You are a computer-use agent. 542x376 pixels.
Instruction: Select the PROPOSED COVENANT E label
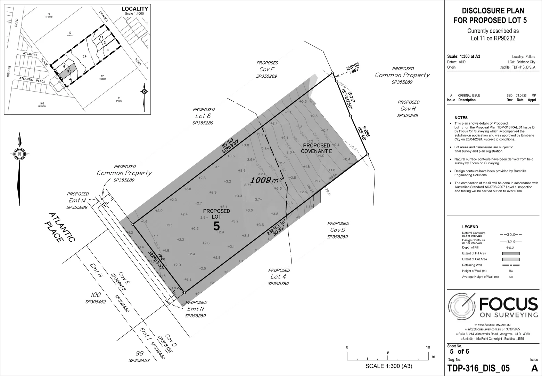coord(316,148)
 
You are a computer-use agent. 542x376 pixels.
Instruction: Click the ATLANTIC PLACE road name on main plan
coord(60,228)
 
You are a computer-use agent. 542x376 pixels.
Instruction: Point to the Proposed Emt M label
coord(77,201)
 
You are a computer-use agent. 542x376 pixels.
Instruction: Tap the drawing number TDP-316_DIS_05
coord(478,368)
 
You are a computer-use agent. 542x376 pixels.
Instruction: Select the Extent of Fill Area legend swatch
coord(511,253)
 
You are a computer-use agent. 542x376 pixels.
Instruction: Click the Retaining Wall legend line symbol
coord(511,265)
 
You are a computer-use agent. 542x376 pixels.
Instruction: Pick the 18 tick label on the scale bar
coord(428,347)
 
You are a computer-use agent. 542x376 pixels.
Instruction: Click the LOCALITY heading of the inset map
coord(134,9)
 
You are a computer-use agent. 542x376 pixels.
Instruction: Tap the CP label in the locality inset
coord(84,56)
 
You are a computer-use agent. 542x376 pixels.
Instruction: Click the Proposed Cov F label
coord(267,69)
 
